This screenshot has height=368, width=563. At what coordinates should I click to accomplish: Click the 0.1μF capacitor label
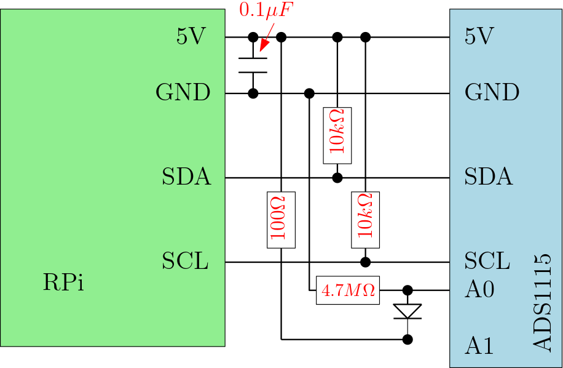click(x=266, y=10)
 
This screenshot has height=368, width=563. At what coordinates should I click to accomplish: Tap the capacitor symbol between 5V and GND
click(x=253, y=65)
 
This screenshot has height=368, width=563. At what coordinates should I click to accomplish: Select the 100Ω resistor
click(x=281, y=220)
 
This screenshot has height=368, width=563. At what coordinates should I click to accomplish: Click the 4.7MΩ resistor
click(x=348, y=290)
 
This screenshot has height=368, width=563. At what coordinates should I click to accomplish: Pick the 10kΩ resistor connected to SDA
click(x=337, y=135)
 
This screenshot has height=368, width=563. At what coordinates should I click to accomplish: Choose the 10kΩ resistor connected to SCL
click(x=366, y=220)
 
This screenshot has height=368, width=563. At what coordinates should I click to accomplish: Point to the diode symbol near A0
click(x=407, y=311)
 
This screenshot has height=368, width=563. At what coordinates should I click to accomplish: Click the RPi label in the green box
click(x=63, y=282)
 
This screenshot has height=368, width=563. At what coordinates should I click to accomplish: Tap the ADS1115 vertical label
click(x=542, y=303)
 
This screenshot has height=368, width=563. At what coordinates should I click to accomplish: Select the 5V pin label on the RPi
click(x=191, y=36)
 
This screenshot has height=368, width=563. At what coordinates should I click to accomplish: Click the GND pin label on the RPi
click(x=183, y=92)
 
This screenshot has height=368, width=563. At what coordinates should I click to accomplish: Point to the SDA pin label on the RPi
click(x=186, y=177)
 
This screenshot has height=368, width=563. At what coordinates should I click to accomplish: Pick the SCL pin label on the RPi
click(x=185, y=261)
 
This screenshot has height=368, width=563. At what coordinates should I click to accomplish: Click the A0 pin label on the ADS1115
click(x=479, y=289)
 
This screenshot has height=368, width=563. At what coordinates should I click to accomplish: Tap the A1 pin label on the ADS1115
click(x=479, y=346)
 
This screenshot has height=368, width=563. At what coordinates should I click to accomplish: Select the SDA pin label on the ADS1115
click(x=489, y=177)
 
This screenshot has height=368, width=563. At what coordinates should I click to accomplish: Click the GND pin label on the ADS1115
click(x=492, y=92)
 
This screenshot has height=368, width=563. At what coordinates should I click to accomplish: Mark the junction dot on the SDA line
click(x=337, y=178)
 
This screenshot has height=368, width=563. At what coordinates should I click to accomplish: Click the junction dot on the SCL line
click(x=366, y=262)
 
